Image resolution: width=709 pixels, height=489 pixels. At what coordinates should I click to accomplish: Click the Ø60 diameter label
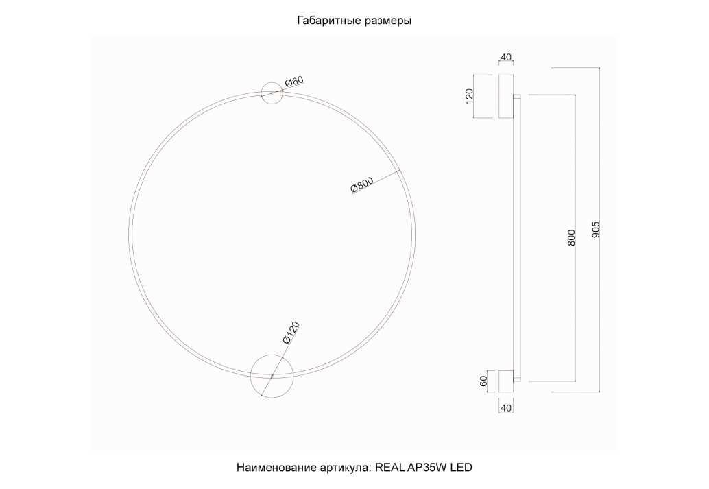click(x=294, y=82)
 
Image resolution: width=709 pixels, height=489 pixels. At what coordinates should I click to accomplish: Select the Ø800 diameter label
click(x=362, y=185)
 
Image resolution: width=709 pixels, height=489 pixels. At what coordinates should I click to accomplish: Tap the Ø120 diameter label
click(x=291, y=333)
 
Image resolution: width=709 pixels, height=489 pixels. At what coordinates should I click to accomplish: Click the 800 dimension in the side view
click(x=572, y=238)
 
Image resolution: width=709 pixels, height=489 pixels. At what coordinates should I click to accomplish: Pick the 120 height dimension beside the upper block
click(x=469, y=96)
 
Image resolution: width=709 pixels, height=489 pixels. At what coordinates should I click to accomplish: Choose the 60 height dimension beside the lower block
click(x=483, y=381)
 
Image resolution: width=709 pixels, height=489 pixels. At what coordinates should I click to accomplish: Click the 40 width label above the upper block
click(x=506, y=58)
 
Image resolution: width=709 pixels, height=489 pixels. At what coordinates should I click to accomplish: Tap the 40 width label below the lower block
click(x=506, y=408)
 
